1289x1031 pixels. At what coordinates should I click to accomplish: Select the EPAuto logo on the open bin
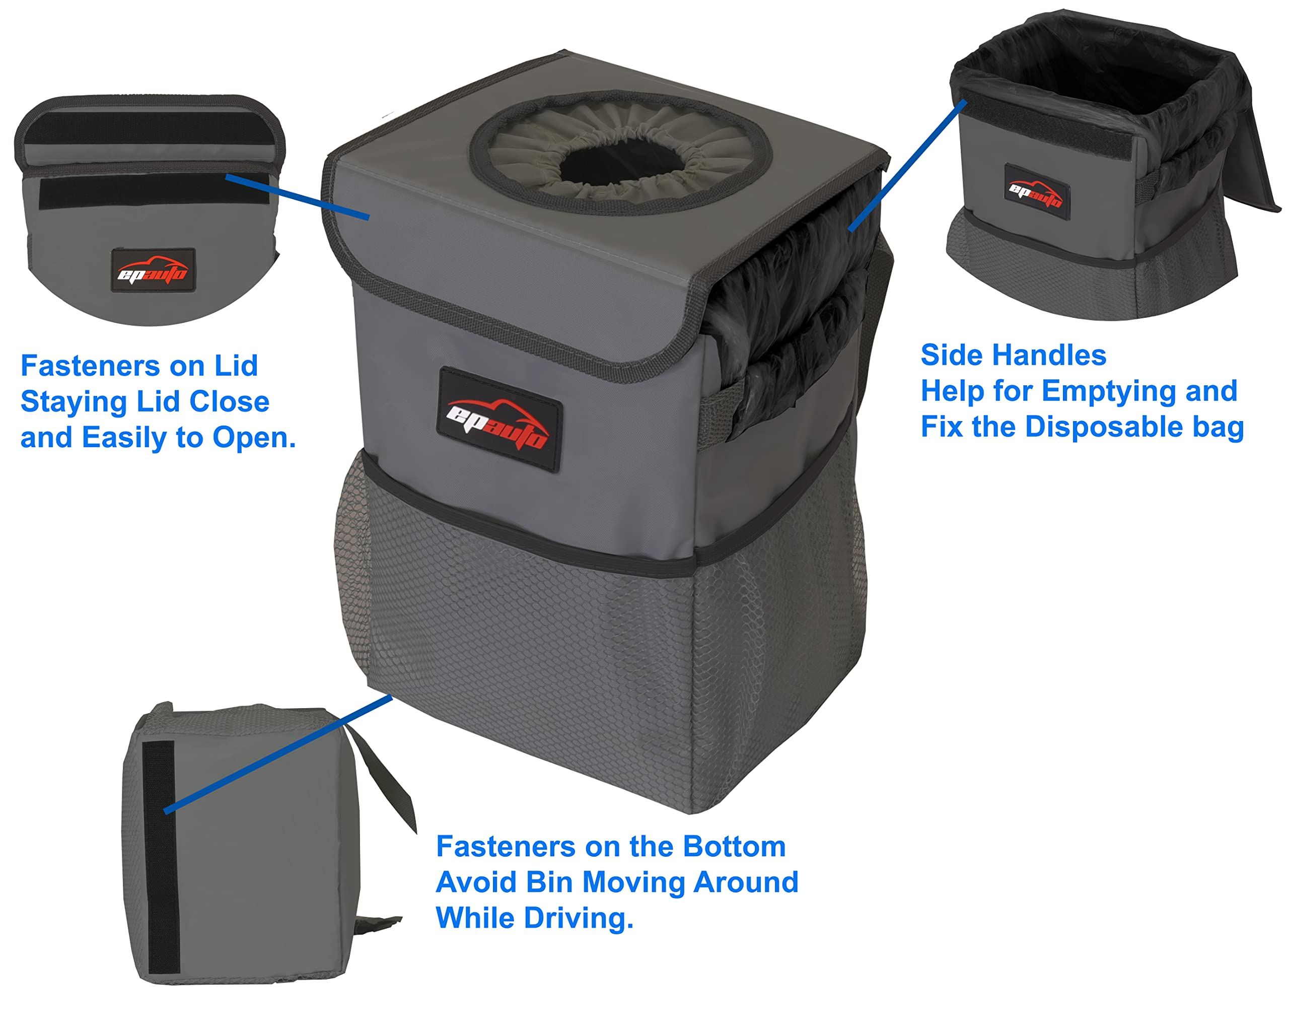[x=1036, y=192]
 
